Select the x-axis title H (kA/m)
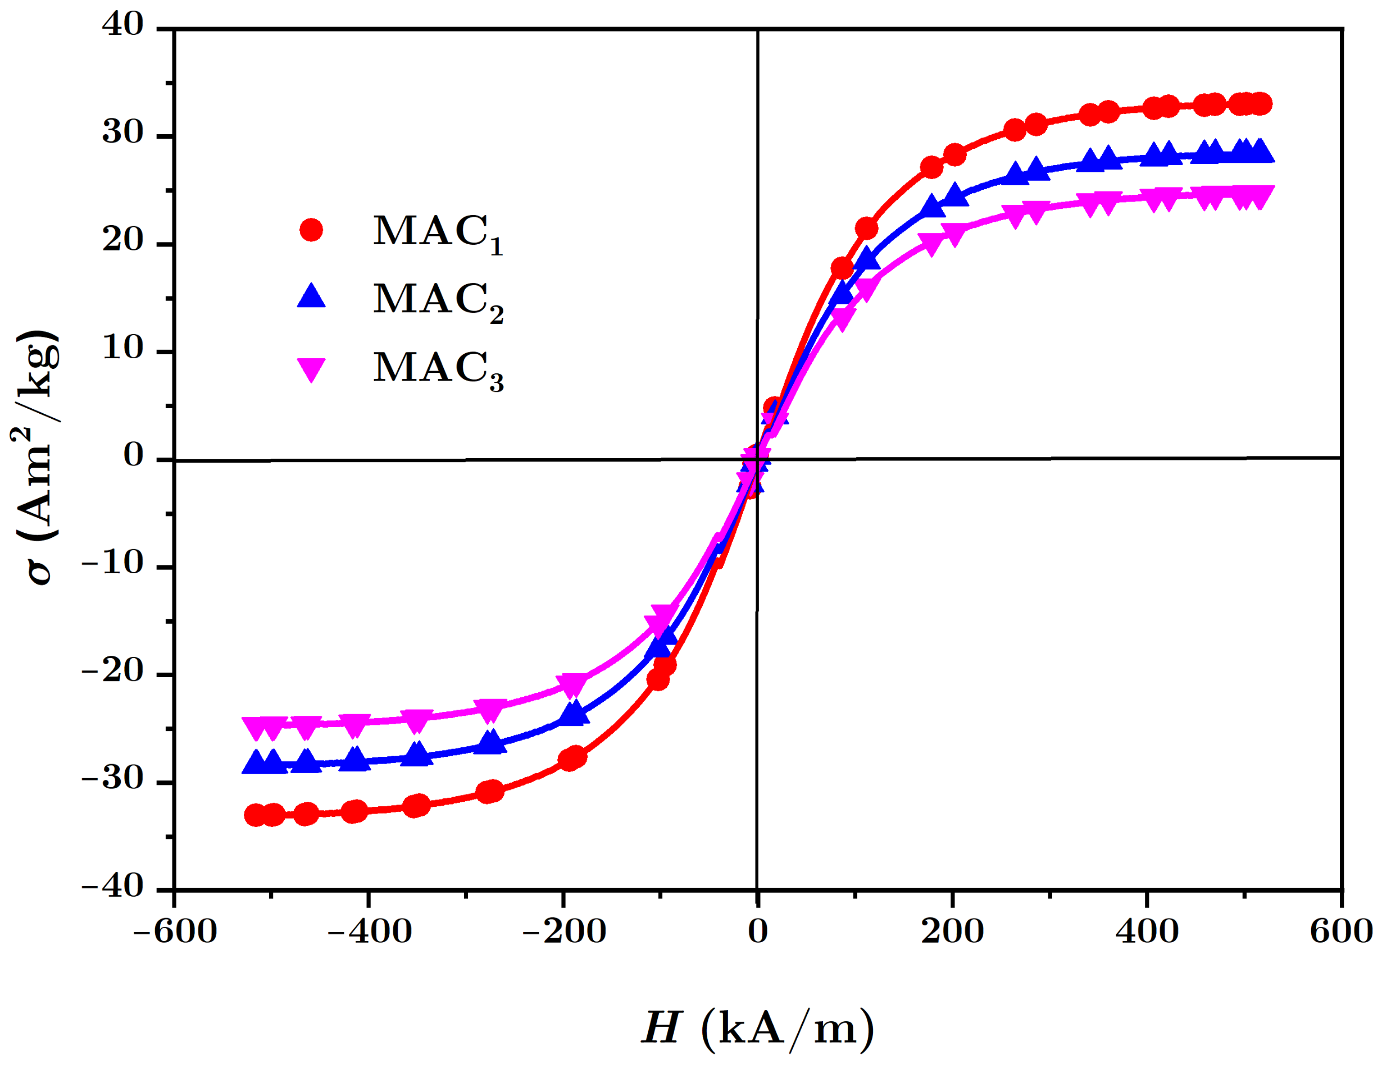tap(757, 1027)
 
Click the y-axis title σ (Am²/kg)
tap(37, 458)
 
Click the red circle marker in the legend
tap(311, 230)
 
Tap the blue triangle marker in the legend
tap(311, 296)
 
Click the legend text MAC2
tap(437, 300)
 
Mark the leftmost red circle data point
tap(255, 815)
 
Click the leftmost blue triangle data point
tap(255, 764)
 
